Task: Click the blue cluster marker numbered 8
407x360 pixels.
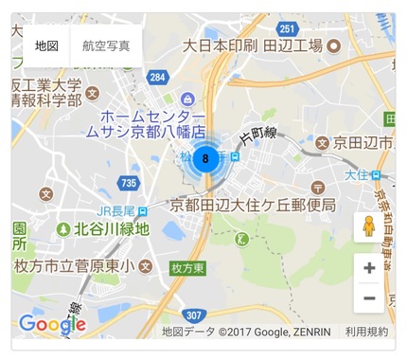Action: [205, 158]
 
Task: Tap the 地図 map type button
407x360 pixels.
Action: [46, 45]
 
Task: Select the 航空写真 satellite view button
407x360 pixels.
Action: [106, 45]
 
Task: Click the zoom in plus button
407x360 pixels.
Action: [368, 268]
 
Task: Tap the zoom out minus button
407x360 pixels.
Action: [368, 297]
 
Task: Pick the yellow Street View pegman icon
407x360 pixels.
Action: [368, 227]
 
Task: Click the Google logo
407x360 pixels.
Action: [52, 325]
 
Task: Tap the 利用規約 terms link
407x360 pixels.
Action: [366, 332]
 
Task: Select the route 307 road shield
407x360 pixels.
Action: [193, 315]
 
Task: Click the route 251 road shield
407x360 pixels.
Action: [289, 30]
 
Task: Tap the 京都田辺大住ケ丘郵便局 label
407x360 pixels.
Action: [253, 205]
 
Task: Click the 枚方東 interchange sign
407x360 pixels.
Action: [187, 268]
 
